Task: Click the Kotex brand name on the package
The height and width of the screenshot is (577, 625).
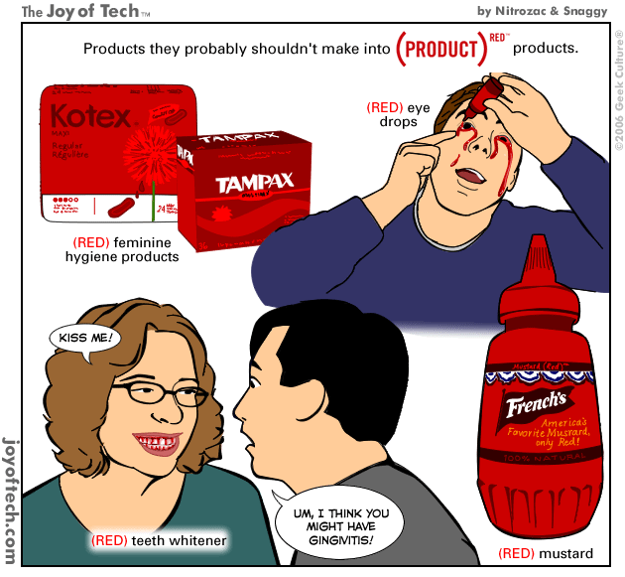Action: tap(90, 116)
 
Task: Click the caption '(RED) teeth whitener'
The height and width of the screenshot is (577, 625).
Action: tap(159, 541)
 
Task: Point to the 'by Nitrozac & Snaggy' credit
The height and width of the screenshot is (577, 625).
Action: tap(542, 11)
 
